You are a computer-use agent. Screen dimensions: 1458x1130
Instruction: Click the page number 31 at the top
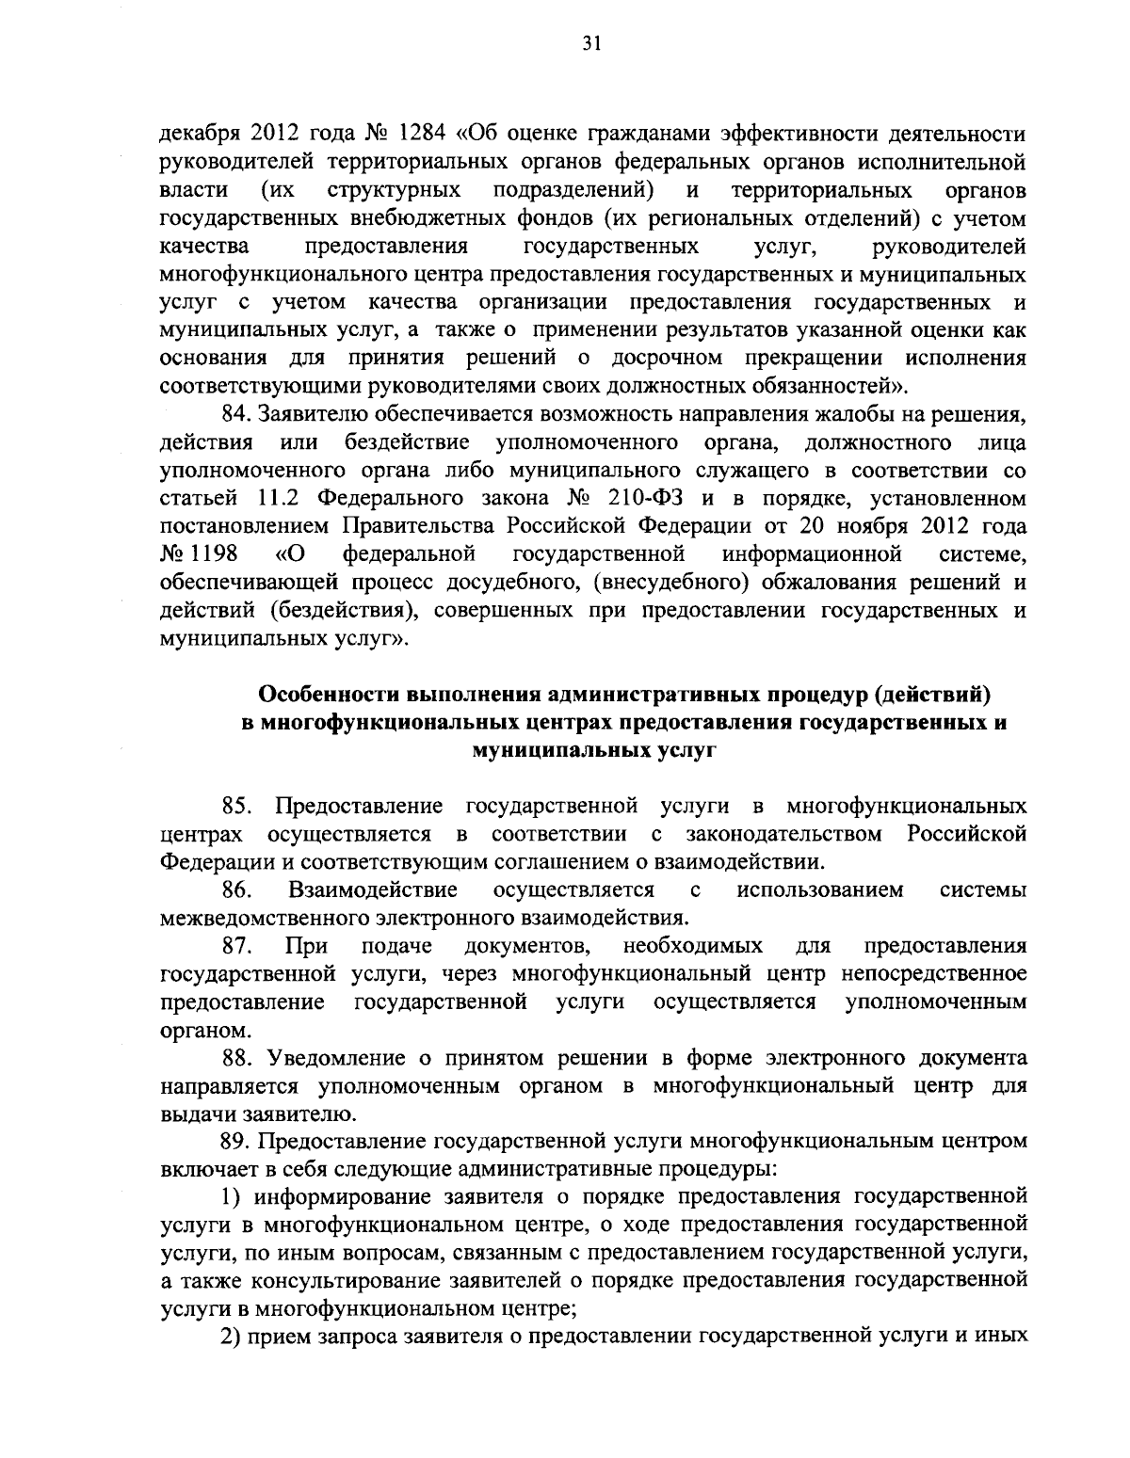[565, 43]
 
